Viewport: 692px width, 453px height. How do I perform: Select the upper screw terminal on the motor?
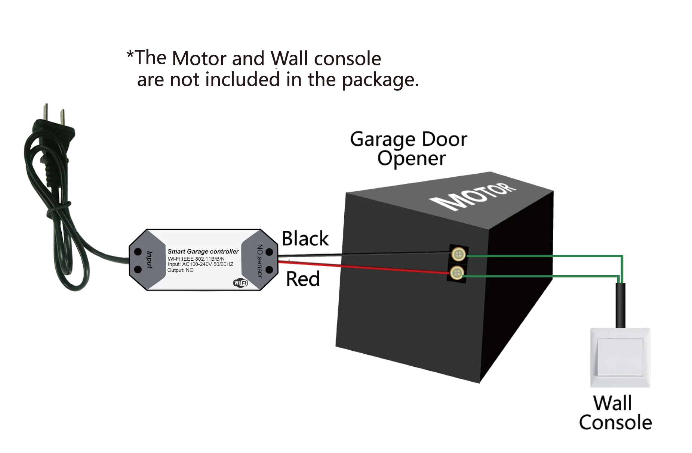(458, 254)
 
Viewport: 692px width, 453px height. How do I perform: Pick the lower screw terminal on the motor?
(456, 273)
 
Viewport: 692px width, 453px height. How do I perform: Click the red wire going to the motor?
(363, 269)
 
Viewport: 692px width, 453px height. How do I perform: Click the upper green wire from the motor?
(542, 257)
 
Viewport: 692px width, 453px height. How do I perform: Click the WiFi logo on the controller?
(240, 283)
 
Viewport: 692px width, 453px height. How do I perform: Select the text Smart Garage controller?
(203, 251)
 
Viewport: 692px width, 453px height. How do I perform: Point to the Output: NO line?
(181, 270)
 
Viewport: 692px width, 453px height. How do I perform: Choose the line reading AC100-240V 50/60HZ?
(200, 264)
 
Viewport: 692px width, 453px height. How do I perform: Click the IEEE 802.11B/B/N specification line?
(196, 258)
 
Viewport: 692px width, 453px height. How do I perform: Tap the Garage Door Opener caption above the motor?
(409, 149)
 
